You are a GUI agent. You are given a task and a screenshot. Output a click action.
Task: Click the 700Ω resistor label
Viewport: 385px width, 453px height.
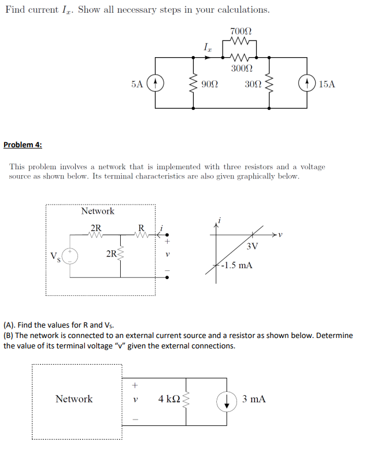(x=240, y=31)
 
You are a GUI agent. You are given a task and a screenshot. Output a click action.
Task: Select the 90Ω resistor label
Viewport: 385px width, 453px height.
(x=210, y=84)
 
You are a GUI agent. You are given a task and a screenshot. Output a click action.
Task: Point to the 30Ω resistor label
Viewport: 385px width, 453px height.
(x=253, y=84)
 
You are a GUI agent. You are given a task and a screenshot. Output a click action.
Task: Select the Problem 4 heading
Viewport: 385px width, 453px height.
(x=23, y=144)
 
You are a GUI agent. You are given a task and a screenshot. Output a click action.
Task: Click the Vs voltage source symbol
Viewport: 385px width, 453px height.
(x=71, y=256)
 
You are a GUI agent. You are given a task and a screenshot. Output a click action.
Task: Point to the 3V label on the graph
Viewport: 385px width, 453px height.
(x=251, y=247)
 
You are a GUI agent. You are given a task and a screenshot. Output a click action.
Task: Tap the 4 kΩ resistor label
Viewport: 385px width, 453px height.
(x=169, y=399)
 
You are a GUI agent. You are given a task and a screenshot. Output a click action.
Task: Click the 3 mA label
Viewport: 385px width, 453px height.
(x=254, y=399)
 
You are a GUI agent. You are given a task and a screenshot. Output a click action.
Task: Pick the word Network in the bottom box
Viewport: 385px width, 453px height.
(x=74, y=399)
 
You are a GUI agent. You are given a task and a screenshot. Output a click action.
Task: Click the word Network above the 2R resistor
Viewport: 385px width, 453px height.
(x=98, y=211)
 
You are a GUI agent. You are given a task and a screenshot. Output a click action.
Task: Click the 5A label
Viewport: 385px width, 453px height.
(x=137, y=84)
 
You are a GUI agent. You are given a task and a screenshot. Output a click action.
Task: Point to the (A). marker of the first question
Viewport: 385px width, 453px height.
(x=12, y=325)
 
